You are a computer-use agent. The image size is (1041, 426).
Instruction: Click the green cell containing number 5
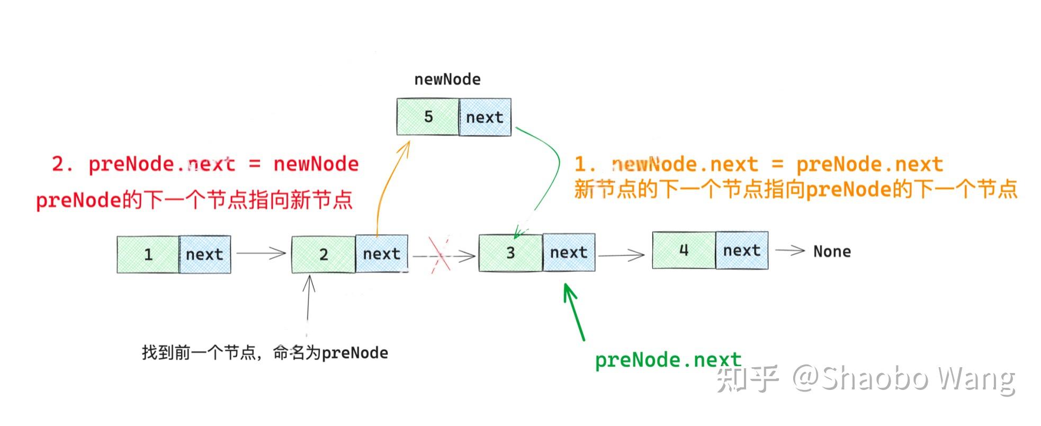pyautogui.click(x=428, y=117)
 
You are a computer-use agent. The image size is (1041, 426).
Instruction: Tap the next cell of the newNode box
pyautogui.click(x=484, y=118)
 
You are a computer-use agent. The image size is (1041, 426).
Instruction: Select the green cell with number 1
pyautogui.click(x=148, y=254)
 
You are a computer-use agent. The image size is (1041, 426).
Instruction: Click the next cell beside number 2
pyautogui.click(x=381, y=254)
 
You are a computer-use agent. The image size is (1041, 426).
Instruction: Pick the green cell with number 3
pyautogui.click(x=510, y=253)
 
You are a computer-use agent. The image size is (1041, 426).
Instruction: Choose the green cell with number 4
pyautogui.click(x=684, y=250)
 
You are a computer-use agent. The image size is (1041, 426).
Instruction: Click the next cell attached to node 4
pyautogui.click(x=741, y=250)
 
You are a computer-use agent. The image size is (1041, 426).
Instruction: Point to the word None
pyautogui.click(x=832, y=252)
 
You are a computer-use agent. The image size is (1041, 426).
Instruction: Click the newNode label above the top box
pyautogui.click(x=447, y=79)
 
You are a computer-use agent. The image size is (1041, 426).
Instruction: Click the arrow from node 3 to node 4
pyautogui.click(x=621, y=255)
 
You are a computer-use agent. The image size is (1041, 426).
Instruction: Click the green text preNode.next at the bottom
pyautogui.click(x=668, y=360)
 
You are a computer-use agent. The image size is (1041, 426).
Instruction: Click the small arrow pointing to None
pyautogui.click(x=790, y=251)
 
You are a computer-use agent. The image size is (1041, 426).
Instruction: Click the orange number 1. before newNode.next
pyautogui.click(x=585, y=164)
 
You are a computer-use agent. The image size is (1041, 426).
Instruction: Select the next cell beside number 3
pyautogui.click(x=568, y=253)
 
